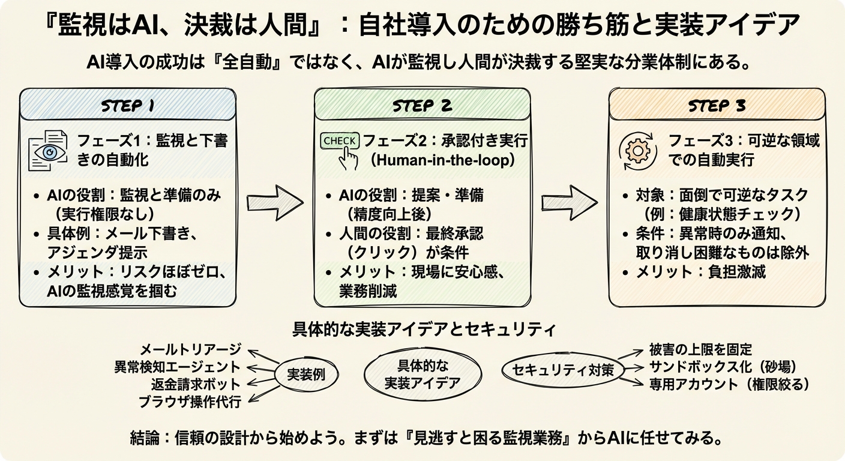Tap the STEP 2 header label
(x=422, y=106)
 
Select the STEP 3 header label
(x=717, y=106)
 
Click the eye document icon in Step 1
(x=49, y=151)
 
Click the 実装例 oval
(x=307, y=375)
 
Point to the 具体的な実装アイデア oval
(x=422, y=374)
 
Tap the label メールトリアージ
(x=190, y=349)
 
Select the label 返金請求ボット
(x=196, y=384)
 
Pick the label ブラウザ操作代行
(x=190, y=402)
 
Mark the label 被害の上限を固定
(x=700, y=349)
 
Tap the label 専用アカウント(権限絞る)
(x=730, y=384)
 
